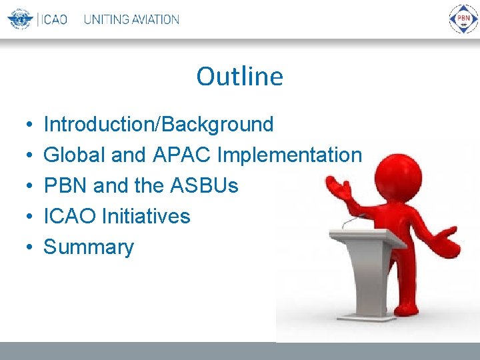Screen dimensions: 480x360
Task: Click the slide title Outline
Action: (x=240, y=76)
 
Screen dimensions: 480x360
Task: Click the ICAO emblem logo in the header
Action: (x=20, y=19)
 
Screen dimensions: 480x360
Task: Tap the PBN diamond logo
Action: (x=463, y=19)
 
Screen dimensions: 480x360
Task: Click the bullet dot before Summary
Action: (x=29, y=247)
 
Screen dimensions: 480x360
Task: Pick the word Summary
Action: (x=89, y=247)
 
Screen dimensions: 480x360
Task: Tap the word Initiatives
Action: (x=146, y=215)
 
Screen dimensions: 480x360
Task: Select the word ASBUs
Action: (x=204, y=185)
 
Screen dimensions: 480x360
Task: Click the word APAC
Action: (x=181, y=154)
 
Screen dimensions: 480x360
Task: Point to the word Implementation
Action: (x=289, y=155)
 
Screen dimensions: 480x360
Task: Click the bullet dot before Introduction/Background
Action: (x=29, y=124)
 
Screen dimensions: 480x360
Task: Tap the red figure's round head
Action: (x=398, y=177)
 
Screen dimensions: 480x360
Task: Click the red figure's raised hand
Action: (x=338, y=187)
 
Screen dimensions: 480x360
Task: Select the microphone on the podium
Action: (x=352, y=221)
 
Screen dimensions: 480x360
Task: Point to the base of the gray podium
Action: (x=366, y=319)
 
